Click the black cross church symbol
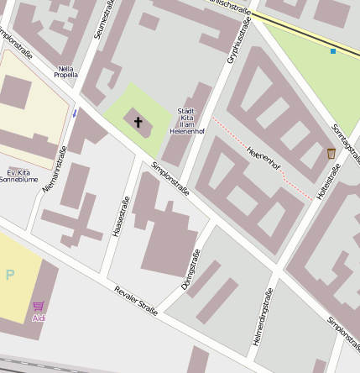click(x=138, y=123)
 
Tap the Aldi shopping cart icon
click(x=39, y=307)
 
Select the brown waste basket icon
click(x=331, y=153)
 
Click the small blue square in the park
click(x=333, y=51)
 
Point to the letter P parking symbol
click(x=10, y=275)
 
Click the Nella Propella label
click(x=65, y=71)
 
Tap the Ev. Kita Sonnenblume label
click(x=18, y=175)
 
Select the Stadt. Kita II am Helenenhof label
click(x=186, y=121)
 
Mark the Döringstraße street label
click(x=190, y=270)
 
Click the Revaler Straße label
click(x=136, y=302)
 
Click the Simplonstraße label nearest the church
click(x=170, y=179)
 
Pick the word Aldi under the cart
click(x=39, y=319)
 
